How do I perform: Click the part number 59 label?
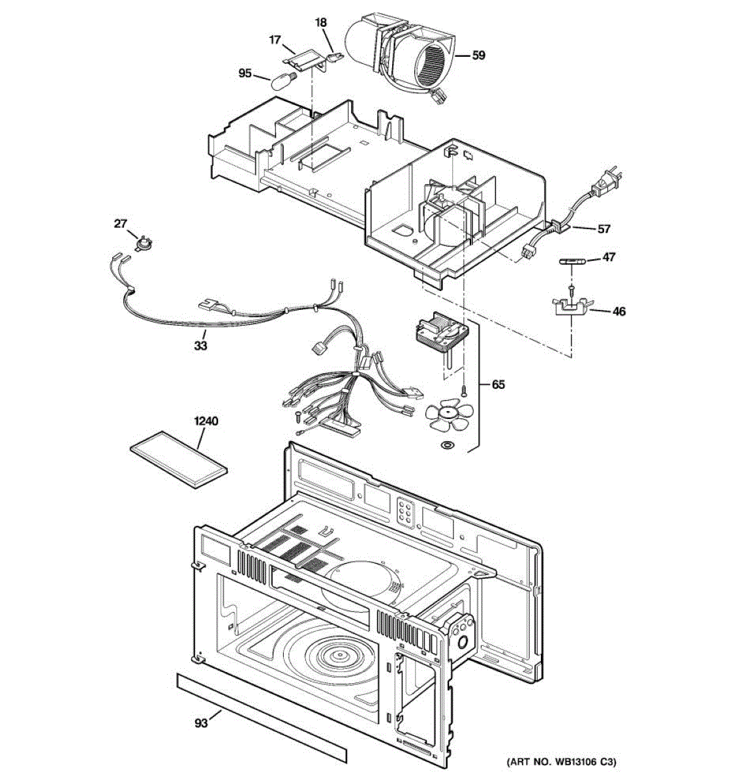pyautogui.click(x=478, y=55)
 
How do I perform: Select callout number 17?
pyautogui.click(x=275, y=40)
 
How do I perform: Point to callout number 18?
pyautogui.click(x=320, y=22)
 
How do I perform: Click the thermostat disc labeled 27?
pyautogui.click(x=141, y=243)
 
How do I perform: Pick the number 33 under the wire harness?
pyautogui.click(x=200, y=345)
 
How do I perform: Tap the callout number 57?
pyautogui.click(x=604, y=228)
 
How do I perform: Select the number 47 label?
pyautogui.click(x=608, y=257)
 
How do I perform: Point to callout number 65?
pyautogui.click(x=498, y=384)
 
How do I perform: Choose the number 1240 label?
pyautogui.click(x=206, y=421)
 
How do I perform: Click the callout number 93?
pyautogui.click(x=200, y=723)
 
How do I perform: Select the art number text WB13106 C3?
pyautogui.click(x=561, y=761)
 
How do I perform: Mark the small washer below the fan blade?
pyautogui.click(x=448, y=445)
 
